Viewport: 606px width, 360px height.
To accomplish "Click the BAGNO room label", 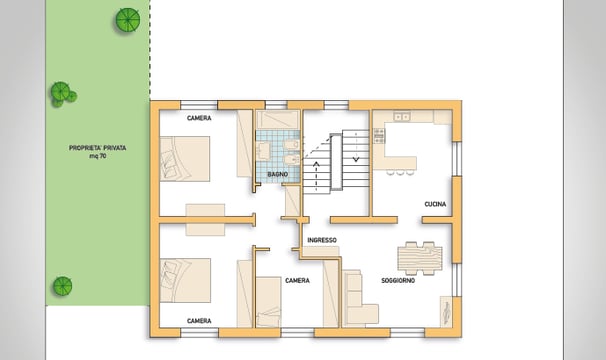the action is [277, 174].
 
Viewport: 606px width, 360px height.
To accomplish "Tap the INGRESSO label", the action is [322, 240].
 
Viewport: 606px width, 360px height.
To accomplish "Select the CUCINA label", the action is [435, 204].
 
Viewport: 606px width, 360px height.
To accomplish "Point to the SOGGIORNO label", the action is [398, 281].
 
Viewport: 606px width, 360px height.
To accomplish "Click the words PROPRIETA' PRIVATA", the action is [97, 148].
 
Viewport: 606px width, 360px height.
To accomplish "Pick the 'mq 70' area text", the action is [98, 156].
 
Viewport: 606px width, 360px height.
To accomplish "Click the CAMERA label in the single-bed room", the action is [297, 281].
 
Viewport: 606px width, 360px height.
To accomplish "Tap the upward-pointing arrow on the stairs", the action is [317, 176].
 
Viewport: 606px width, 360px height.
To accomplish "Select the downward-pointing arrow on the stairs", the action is [356, 147].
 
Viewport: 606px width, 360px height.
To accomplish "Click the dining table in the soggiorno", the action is [420, 258].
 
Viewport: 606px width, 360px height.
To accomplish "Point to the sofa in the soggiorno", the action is [360, 298].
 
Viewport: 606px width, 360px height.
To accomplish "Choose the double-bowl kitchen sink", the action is [402, 116].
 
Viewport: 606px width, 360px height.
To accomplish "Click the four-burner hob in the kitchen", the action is [379, 136].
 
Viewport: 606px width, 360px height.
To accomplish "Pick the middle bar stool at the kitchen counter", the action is [400, 172].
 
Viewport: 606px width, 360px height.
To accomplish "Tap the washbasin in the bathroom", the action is [264, 152].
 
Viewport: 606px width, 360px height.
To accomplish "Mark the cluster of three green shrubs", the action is [63, 94].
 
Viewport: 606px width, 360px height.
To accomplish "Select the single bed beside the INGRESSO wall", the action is [268, 302].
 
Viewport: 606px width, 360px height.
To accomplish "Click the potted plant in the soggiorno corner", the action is [446, 311].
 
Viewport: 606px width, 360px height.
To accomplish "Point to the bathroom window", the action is [276, 105].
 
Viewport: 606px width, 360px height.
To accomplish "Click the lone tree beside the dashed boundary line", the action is [128, 20].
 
